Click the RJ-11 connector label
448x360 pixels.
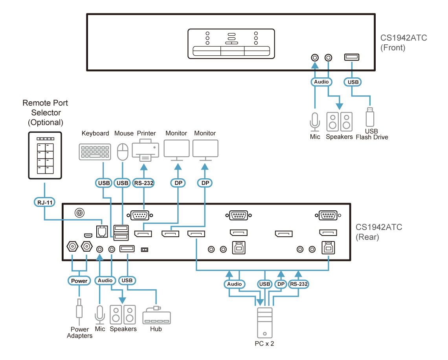tap(44, 203)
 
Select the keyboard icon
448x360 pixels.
tap(95, 152)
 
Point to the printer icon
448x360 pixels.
tap(145, 150)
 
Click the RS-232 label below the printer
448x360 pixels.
tap(144, 183)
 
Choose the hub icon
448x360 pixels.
tap(156, 316)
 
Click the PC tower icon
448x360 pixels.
tap(264, 323)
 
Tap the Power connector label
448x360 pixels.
tap(79, 281)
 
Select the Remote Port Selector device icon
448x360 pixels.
tap(45, 155)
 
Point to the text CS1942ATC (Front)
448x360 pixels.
tap(403, 43)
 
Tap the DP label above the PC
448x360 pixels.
tap(281, 284)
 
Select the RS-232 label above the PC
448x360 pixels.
tap(298, 284)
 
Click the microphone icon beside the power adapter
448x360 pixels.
tap(100, 314)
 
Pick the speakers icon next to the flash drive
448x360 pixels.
tap(339, 122)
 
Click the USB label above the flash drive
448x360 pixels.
tap(353, 82)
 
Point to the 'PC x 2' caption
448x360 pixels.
tap(264, 344)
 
